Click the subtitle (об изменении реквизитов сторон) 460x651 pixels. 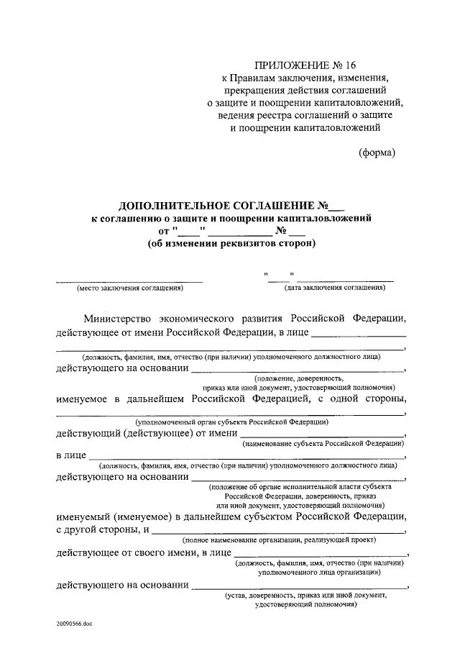(231, 242)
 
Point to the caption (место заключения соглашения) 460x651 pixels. (130, 288)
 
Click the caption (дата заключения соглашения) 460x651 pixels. (334, 288)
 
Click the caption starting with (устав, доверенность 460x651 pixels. (306, 596)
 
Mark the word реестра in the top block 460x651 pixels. (282, 116)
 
